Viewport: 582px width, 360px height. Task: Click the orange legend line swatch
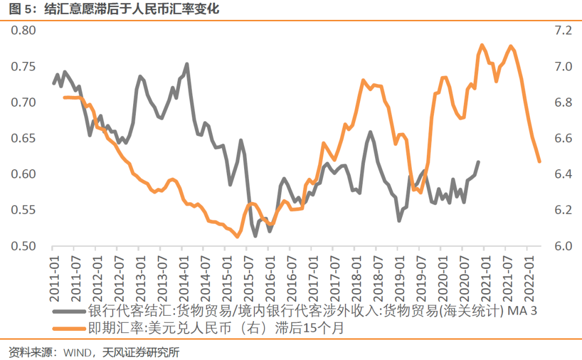click(x=69, y=327)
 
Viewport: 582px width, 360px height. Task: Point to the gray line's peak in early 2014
click(x=186, y=64)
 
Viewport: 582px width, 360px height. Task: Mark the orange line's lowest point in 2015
click(x=237, y=236)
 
